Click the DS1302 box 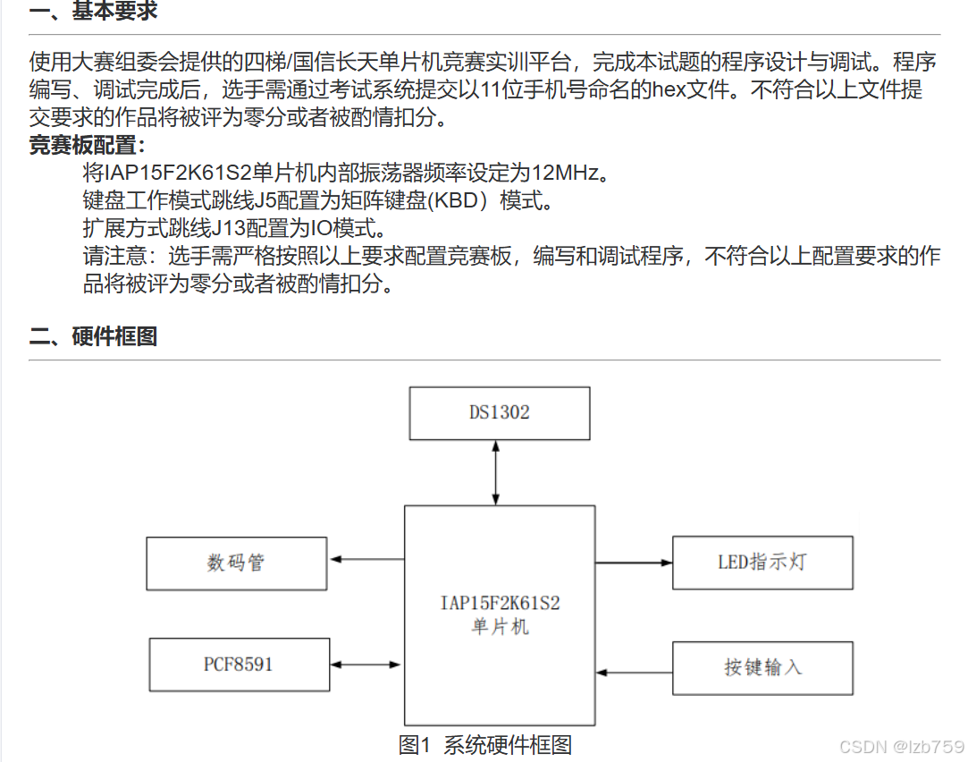[499, 412]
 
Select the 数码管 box [237, 563]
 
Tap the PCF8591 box [239, 665]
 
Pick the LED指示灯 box [762, 563]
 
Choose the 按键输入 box [762, 667]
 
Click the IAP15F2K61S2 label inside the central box [500, 604]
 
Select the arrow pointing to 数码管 [366, 560]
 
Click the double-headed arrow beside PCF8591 [366, 665]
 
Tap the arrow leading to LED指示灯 [634, 563]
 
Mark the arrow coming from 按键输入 [634, 671]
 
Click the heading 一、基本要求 [93, 13]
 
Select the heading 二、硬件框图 [93, 336]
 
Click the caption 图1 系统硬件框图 [484, 744]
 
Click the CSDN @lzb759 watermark [902, 745]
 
